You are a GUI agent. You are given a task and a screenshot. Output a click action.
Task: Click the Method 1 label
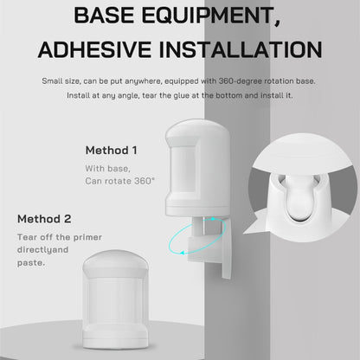coord(112,150)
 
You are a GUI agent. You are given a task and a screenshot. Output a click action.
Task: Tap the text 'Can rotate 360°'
coord(120,180)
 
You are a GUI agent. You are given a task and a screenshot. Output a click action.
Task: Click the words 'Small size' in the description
coord(60,80)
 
